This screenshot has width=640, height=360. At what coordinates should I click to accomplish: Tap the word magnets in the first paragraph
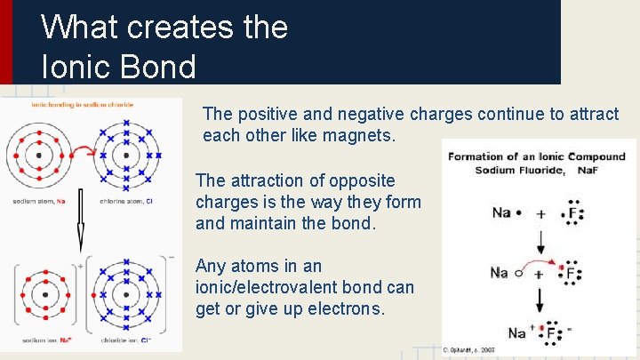point(364,136)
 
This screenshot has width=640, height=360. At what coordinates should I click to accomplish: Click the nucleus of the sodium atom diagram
point(37,155)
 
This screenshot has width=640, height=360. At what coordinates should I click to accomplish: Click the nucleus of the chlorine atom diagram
point(126,155)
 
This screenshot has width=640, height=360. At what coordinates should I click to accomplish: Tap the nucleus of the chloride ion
point(125,293)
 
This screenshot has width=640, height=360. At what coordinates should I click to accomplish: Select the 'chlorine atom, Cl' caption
point(125,202)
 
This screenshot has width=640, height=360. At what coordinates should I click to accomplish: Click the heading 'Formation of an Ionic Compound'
point(537,156)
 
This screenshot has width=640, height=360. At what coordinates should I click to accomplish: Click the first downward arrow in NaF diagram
point(540,242)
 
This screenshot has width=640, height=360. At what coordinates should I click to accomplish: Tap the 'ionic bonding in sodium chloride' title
point(82,104)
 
